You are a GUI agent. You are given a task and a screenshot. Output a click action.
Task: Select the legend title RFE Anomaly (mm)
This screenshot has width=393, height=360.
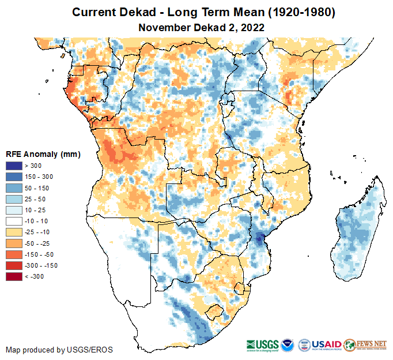(x=43, y=155)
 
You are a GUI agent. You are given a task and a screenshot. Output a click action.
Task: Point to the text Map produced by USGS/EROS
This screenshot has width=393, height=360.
(x=59, y=350)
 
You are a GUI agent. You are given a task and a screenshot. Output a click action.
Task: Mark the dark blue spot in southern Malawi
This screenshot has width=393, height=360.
(x=260, y=237)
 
